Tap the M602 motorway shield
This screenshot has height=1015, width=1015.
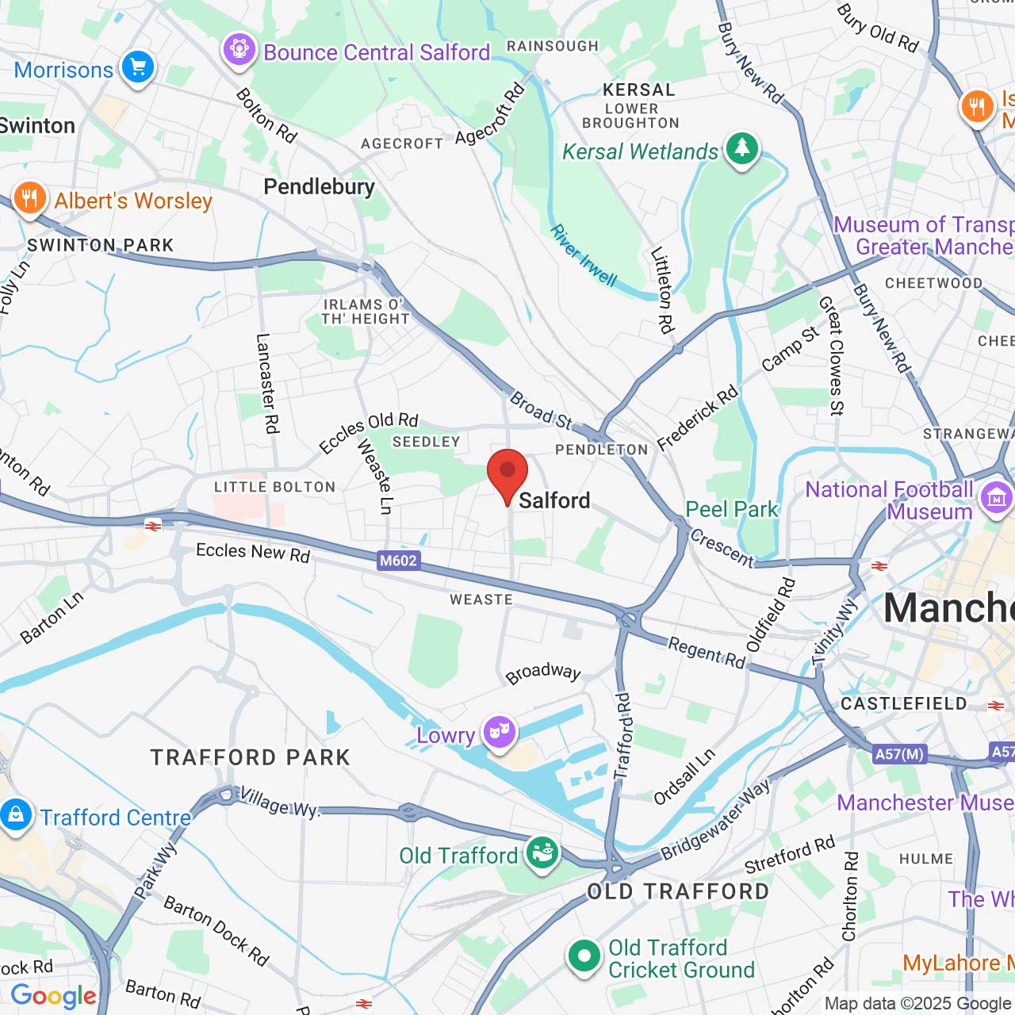(398, 561)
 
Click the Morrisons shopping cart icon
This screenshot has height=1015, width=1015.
(138, 67)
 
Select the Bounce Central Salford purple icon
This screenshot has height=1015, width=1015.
(239, 50)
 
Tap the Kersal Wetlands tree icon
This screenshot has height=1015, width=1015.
(741, 148)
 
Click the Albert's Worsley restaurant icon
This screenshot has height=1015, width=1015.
(29, 197)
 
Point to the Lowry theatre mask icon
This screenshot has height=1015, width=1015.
(499, 733)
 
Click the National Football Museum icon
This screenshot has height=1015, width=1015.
(996, 498)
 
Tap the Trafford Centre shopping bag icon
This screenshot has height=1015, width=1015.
(16, 815)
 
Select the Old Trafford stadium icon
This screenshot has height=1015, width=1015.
(542, 854)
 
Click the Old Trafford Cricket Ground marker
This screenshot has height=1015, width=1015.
(584, 956)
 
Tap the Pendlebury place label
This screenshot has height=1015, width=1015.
(319, 187)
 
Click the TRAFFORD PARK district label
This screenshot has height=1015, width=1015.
(251, 757)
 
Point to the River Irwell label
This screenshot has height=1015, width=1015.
(584, 255)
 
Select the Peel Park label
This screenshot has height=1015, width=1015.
(732, 509)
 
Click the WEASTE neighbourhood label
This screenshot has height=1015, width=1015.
(481, 599)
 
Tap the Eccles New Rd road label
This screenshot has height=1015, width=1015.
(253, 552)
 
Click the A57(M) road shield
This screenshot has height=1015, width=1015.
(899, 754)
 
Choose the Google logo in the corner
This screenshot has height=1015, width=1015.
(54, 996)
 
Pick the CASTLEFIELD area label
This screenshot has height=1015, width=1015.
(904, 704)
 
